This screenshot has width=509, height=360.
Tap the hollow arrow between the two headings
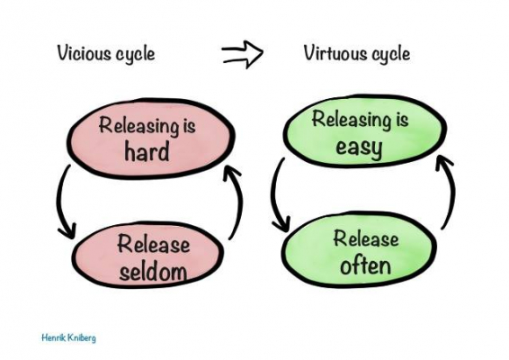click(x=243, y=54)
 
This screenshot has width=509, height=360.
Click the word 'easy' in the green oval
click(x=359, y=147)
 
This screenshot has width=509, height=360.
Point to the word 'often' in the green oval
click(x=364, y=265)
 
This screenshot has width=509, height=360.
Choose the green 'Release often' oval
click(x=364, y=251)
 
